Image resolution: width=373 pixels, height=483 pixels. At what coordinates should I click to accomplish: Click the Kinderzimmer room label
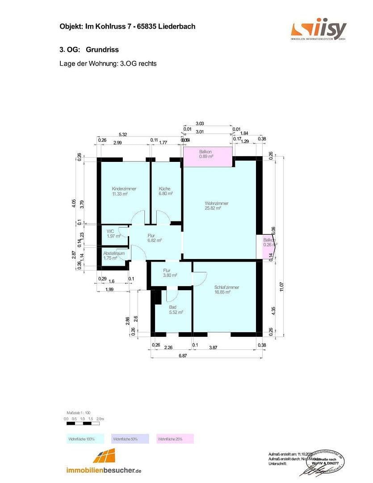point(124,189)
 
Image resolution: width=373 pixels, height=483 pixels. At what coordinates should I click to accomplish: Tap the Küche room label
point(164,189)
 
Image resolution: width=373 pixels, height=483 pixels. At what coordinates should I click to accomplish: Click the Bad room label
point(172,307)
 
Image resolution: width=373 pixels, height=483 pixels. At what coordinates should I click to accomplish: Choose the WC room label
point(110,231)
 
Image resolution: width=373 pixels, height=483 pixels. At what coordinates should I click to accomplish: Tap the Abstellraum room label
point(113,253)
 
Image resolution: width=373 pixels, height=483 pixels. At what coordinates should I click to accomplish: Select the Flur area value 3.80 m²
point(170,275)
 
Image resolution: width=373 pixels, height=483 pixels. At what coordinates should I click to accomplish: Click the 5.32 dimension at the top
point(123,135)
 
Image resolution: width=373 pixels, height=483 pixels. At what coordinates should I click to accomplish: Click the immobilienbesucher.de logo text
point(104,470)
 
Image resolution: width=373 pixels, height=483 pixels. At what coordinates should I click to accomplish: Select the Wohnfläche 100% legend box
point(84,439)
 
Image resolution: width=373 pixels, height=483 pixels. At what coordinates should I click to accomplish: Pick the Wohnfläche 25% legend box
point(175,439)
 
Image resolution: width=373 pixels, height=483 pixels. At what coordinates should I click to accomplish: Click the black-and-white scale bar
point(83,423)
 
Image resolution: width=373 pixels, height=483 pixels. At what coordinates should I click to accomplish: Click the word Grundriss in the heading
point(102,50)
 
